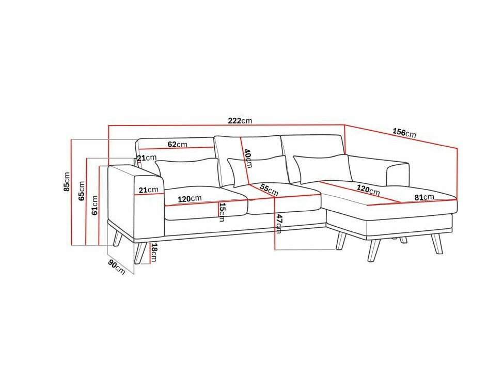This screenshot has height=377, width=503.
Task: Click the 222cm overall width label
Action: tap(240, 121)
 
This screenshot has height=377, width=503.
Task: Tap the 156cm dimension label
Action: tap(404, 133)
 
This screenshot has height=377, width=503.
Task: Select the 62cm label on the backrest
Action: tap(178, 145)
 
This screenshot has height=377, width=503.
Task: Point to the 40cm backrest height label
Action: tap(248, 159)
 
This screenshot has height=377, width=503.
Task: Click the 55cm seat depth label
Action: tap(269, 190)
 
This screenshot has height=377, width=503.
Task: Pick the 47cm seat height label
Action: tap(278, 223)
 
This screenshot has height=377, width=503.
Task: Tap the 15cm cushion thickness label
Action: tap(222, 212)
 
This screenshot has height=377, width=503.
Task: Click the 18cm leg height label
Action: tap(154, 253)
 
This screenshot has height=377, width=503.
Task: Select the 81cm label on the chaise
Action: tap(424, 197)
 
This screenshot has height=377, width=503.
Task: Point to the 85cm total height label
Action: tap(67, 182)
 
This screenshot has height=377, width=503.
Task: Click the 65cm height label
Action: tap(82, 191)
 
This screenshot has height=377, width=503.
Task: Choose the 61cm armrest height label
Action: tap(95, 205)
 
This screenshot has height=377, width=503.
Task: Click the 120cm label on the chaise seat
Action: tap(368, 190)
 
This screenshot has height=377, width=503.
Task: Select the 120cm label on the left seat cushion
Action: tap(190, 199)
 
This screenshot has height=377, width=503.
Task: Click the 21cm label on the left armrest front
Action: tap(149, 190)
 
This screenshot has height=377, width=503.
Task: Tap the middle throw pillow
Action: tap(259, 170)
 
